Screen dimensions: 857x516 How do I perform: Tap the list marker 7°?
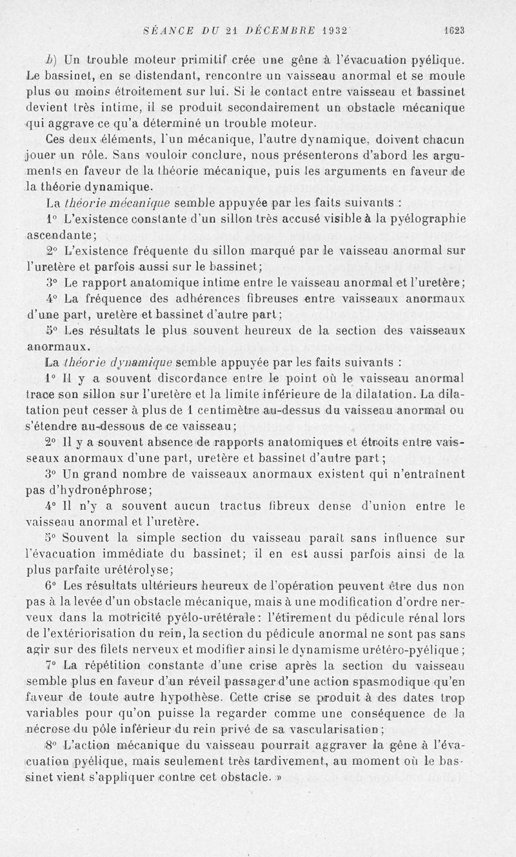pos(53,664)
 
